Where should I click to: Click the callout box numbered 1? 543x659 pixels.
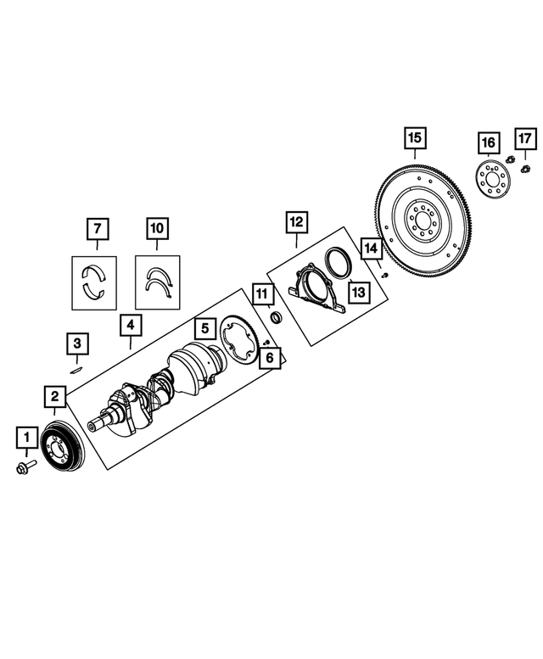[27, 438]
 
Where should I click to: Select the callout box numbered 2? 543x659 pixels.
[54, 396]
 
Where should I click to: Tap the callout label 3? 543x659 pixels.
[77, 343]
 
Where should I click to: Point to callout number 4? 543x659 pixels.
[131, 324]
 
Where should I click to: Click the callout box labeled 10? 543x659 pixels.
[157, 228]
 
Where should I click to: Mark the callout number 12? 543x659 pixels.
[295, 222]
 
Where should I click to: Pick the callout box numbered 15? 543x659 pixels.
[414, 137]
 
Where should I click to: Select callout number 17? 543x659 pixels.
[524, 137]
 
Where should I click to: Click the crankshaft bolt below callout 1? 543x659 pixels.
[23, 466]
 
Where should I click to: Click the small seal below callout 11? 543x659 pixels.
[275, 318]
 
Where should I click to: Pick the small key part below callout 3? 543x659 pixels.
[76, 369]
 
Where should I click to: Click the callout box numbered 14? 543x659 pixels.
[371, 249]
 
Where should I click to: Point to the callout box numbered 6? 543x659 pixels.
[269, 359]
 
